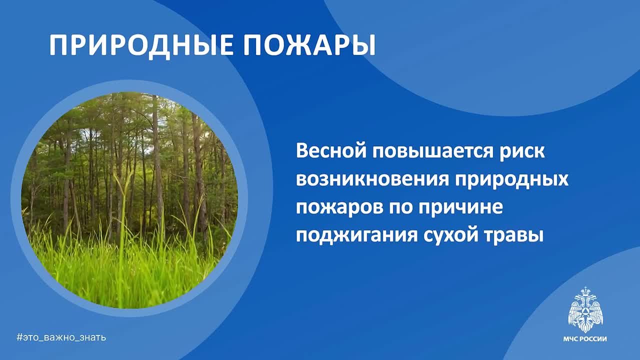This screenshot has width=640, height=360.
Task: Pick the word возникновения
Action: pyautogui.click(x=371, y=179)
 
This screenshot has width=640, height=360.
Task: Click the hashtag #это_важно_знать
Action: pyautogui.click(x=61, y=337)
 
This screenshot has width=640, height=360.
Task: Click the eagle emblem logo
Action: pyautogui.click(x=585, y=309)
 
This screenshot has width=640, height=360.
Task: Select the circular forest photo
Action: pyautogui.click(x=129, y=200)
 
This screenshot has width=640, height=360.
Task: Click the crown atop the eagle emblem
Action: pyautogui.click(x=585, y=290)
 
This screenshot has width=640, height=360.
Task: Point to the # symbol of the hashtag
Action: pyautogui.click(x=19, y=337)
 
